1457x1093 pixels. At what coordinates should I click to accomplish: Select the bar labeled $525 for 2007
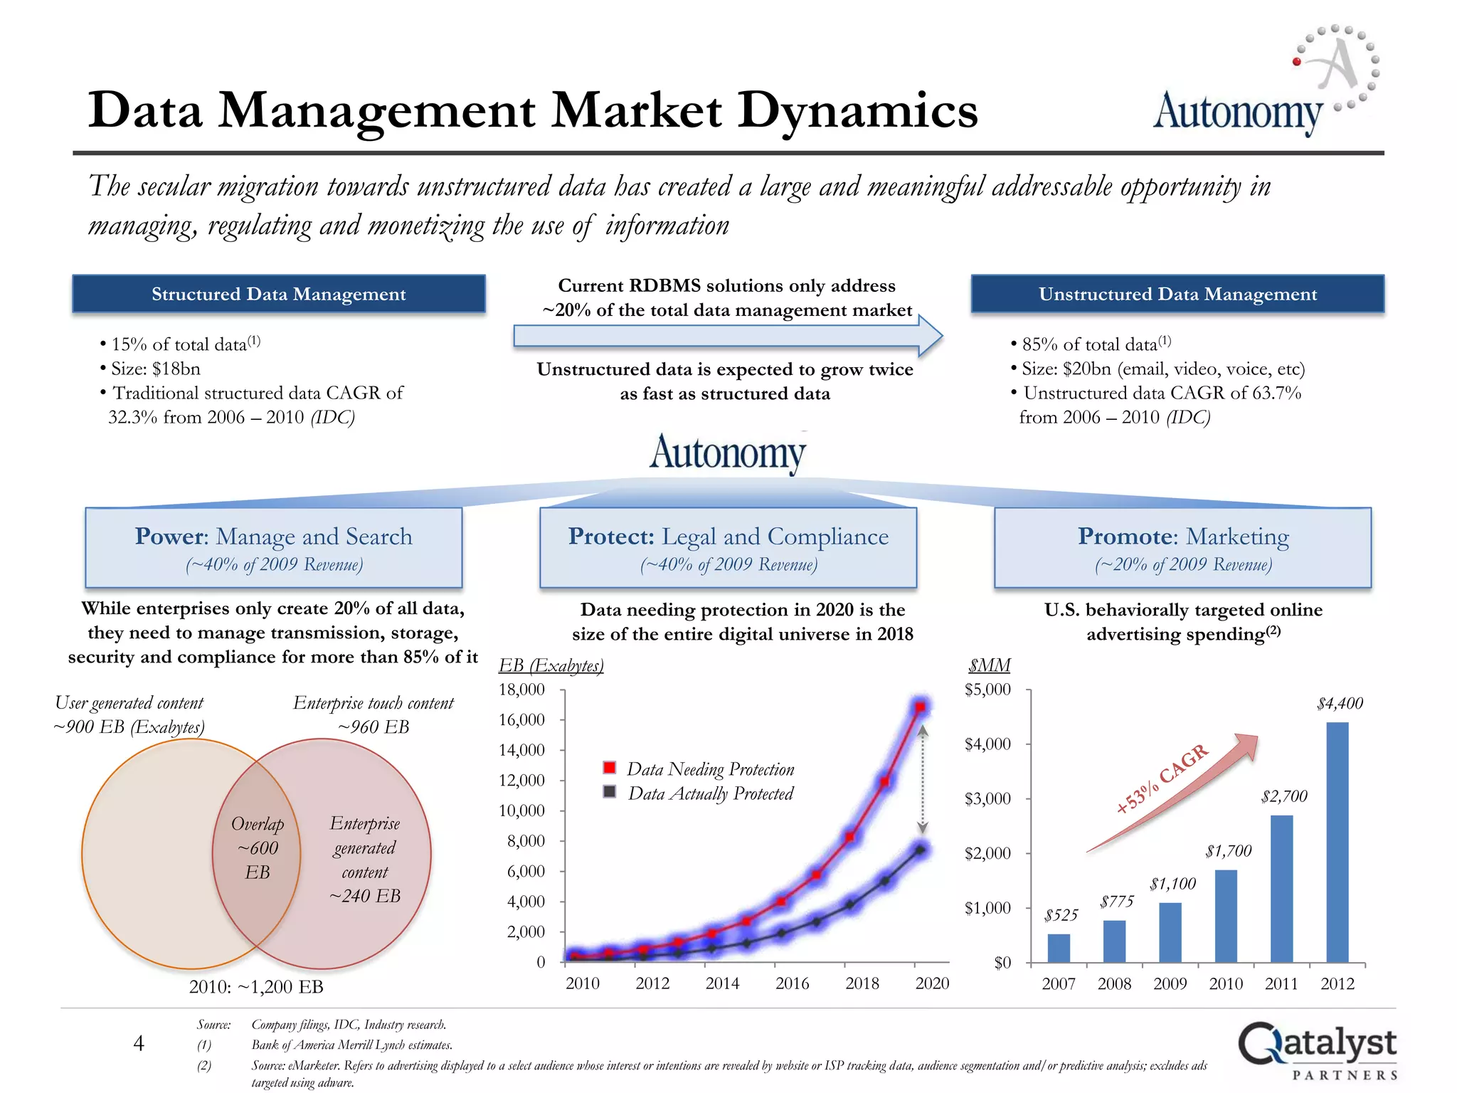pyautogui.click(x=1059, y=948)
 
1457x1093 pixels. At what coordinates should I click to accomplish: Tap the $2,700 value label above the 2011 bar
pyautogui.click(x=1284, y=796)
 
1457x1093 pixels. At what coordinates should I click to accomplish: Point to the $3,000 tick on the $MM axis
pyautogui.click(x=987, y=798)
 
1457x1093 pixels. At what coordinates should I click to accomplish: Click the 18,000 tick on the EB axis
pyautogui.click(x=521, y=690)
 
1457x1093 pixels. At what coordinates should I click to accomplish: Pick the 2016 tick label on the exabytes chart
pyautogui.click(x=792, y=983)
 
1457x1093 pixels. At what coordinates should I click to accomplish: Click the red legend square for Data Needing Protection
pyautogui.click(x=610, y=768)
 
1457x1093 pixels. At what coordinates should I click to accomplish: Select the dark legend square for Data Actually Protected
pyautogui.click(x=610, y=792)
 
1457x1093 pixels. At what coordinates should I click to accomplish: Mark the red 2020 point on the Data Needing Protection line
pyautogui.click(x=921, y=707)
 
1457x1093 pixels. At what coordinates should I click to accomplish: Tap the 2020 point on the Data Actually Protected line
pyautogui.click(x=921, y=850)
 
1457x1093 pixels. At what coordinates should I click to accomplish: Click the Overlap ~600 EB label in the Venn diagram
pyautogui.click(x=258, y=848)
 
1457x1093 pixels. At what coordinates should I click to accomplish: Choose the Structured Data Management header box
pyautogui.click(x=279, y=294)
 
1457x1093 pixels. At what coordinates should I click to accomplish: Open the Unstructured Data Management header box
pyautogui.click(x=1177, y=294)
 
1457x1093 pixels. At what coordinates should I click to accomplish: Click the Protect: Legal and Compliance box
pyautogui.click(x=728, y=548)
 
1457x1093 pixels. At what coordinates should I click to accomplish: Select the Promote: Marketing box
pyautogui.click(x=1182, y=548)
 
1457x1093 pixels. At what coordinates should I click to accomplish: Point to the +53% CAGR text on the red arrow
pyautogui.click(x=1162, y=779)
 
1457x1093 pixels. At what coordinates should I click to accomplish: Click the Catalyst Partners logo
pyautogui.click(x=1317, y=1050)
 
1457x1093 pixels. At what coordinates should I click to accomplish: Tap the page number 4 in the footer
pyautogui.click(x=139, y=1043)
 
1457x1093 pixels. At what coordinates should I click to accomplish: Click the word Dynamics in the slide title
pyautogui.click(x=857, y=111)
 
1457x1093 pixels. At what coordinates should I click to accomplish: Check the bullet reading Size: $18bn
pyautogui.click(x=155, y=369)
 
